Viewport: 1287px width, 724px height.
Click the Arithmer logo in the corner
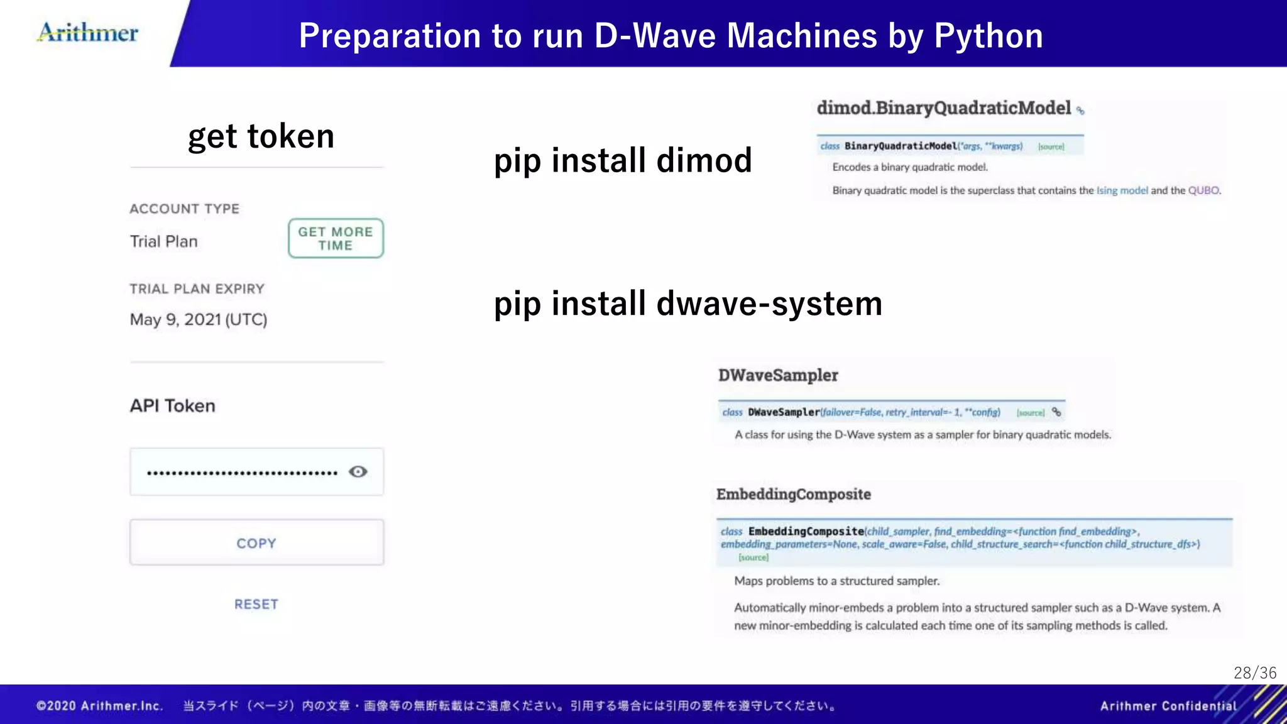point(88,32)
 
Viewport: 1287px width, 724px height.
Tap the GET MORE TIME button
point(336,238)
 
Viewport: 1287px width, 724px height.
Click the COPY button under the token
point(256,542)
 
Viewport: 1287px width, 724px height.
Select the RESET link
point(256,604)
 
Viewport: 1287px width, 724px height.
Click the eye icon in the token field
point(358,471)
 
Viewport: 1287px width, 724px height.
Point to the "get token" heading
point(261,136)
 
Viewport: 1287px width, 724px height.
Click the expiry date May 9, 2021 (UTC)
point(199,319)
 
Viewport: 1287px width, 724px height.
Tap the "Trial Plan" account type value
point(163,241)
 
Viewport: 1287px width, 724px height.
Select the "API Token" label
point(172,405)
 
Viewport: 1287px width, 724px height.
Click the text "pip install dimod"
point(623,160)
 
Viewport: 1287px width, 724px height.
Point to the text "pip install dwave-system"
point(688,304)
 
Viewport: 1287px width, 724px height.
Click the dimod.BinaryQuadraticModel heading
point(943,108)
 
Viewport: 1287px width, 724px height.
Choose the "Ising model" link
point(1122,190)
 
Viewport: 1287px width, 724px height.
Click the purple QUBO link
point(1203,190)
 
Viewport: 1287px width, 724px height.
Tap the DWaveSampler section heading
point(778,375)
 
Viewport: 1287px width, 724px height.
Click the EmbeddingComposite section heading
point(793,494)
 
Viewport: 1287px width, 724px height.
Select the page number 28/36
point(1254,673)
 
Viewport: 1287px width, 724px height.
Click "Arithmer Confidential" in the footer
point(1168,706)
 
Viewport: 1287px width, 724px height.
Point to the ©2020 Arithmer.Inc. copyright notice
point(99,706)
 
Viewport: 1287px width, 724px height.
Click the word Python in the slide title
point(988,36)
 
